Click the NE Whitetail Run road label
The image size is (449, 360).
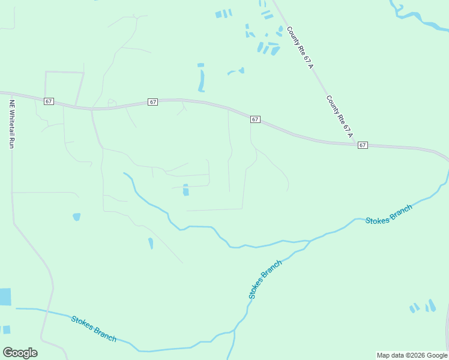(11, 124)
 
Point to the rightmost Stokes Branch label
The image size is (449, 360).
(389, 214)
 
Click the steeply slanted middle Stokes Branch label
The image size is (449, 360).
(265, 280)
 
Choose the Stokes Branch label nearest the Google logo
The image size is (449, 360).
(94, 329)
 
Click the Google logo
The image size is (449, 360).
(20, 353)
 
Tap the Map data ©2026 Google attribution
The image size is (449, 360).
(412, 355)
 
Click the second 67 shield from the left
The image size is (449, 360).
(153, 102)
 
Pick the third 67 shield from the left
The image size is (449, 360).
(255, 119)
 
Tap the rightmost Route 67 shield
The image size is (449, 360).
(362, 145)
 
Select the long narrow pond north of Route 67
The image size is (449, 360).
(202, 79)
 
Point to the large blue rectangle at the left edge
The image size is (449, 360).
(5, 296)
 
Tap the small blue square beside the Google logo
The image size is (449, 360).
(6, 329)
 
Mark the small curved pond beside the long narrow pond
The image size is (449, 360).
(235, 71)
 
